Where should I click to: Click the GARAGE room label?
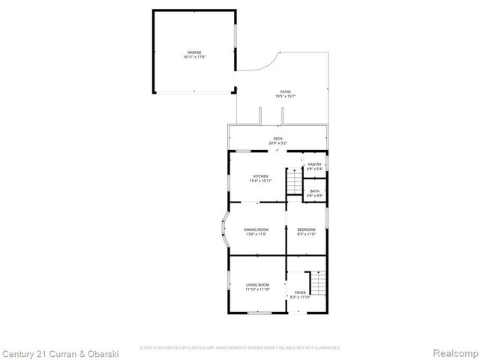tap(194, 52)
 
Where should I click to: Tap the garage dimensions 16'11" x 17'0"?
tap(194, 57)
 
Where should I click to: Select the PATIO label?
tap(285, 91)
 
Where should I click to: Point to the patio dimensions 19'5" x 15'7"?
tap(285, 96)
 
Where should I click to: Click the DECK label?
tap(278, 138)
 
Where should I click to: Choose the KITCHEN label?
tap(260, 176)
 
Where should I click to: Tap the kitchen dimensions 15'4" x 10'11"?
tap(260, 181)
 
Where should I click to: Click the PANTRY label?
tap(315, 164)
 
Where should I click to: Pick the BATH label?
tap(315, 191)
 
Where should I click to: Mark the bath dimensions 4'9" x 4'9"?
tap(315, 196)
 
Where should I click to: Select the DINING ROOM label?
tap(256, 229)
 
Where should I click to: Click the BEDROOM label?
tap(306, 229)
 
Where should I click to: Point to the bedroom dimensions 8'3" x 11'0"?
tap(306, 234)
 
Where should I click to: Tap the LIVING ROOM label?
tap(257, 284)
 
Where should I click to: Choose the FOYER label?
tap(300, 292)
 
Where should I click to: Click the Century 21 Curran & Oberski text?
tap(47, 352)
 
